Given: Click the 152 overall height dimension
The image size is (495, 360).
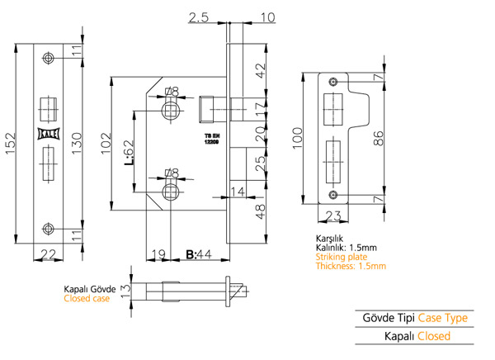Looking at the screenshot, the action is (11, 144).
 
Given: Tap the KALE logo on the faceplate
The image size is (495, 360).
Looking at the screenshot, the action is (49, 134).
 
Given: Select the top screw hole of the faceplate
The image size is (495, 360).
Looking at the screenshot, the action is (48, 58).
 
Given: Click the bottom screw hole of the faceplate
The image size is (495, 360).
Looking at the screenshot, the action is (48, 229).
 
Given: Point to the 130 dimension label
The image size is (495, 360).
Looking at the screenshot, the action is (77, 144).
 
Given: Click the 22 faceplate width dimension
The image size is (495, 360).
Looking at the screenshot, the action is (49, 254).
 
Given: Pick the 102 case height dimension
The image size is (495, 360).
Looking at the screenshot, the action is (106, 143).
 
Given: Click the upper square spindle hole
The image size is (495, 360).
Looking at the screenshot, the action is (171, 111).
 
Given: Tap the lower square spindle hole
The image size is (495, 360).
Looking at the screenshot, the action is (171, 192).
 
